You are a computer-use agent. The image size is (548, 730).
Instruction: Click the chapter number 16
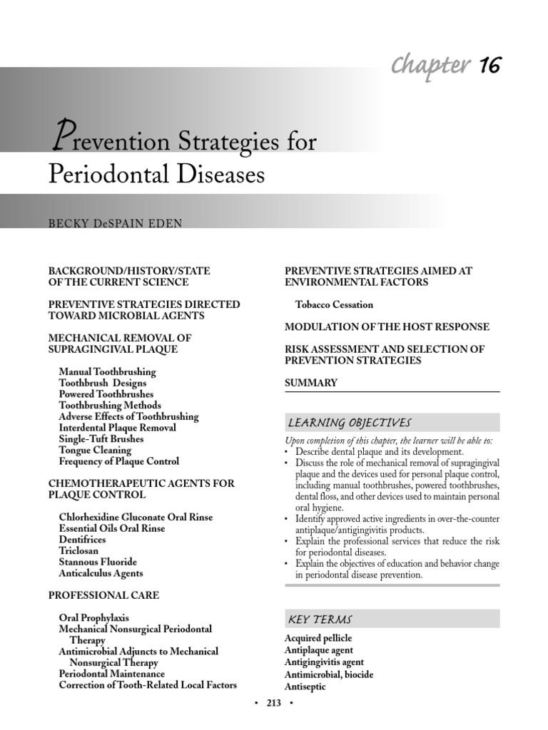489,65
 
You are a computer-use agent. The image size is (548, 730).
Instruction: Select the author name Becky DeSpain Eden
115,224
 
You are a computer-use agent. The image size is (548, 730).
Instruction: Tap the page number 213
274,703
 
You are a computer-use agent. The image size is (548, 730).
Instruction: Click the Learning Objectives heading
349,423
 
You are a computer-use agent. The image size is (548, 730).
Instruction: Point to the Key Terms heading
320,619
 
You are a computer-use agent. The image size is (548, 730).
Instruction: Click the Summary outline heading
311,383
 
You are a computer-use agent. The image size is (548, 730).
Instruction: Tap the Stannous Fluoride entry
98,562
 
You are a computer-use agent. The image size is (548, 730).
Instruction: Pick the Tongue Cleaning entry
95,450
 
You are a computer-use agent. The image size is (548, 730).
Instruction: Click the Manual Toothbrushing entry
107,371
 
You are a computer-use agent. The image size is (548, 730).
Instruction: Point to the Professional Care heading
103,595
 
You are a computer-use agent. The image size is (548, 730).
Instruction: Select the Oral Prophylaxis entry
93,618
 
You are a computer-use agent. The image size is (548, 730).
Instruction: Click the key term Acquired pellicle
318,638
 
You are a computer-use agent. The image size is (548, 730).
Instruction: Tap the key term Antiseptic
305,687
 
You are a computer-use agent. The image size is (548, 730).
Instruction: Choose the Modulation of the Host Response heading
387,327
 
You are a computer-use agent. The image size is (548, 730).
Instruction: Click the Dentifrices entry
82,540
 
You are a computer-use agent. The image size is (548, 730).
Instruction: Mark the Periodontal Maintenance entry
111,674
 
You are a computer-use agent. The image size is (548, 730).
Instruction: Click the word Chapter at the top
430,65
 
